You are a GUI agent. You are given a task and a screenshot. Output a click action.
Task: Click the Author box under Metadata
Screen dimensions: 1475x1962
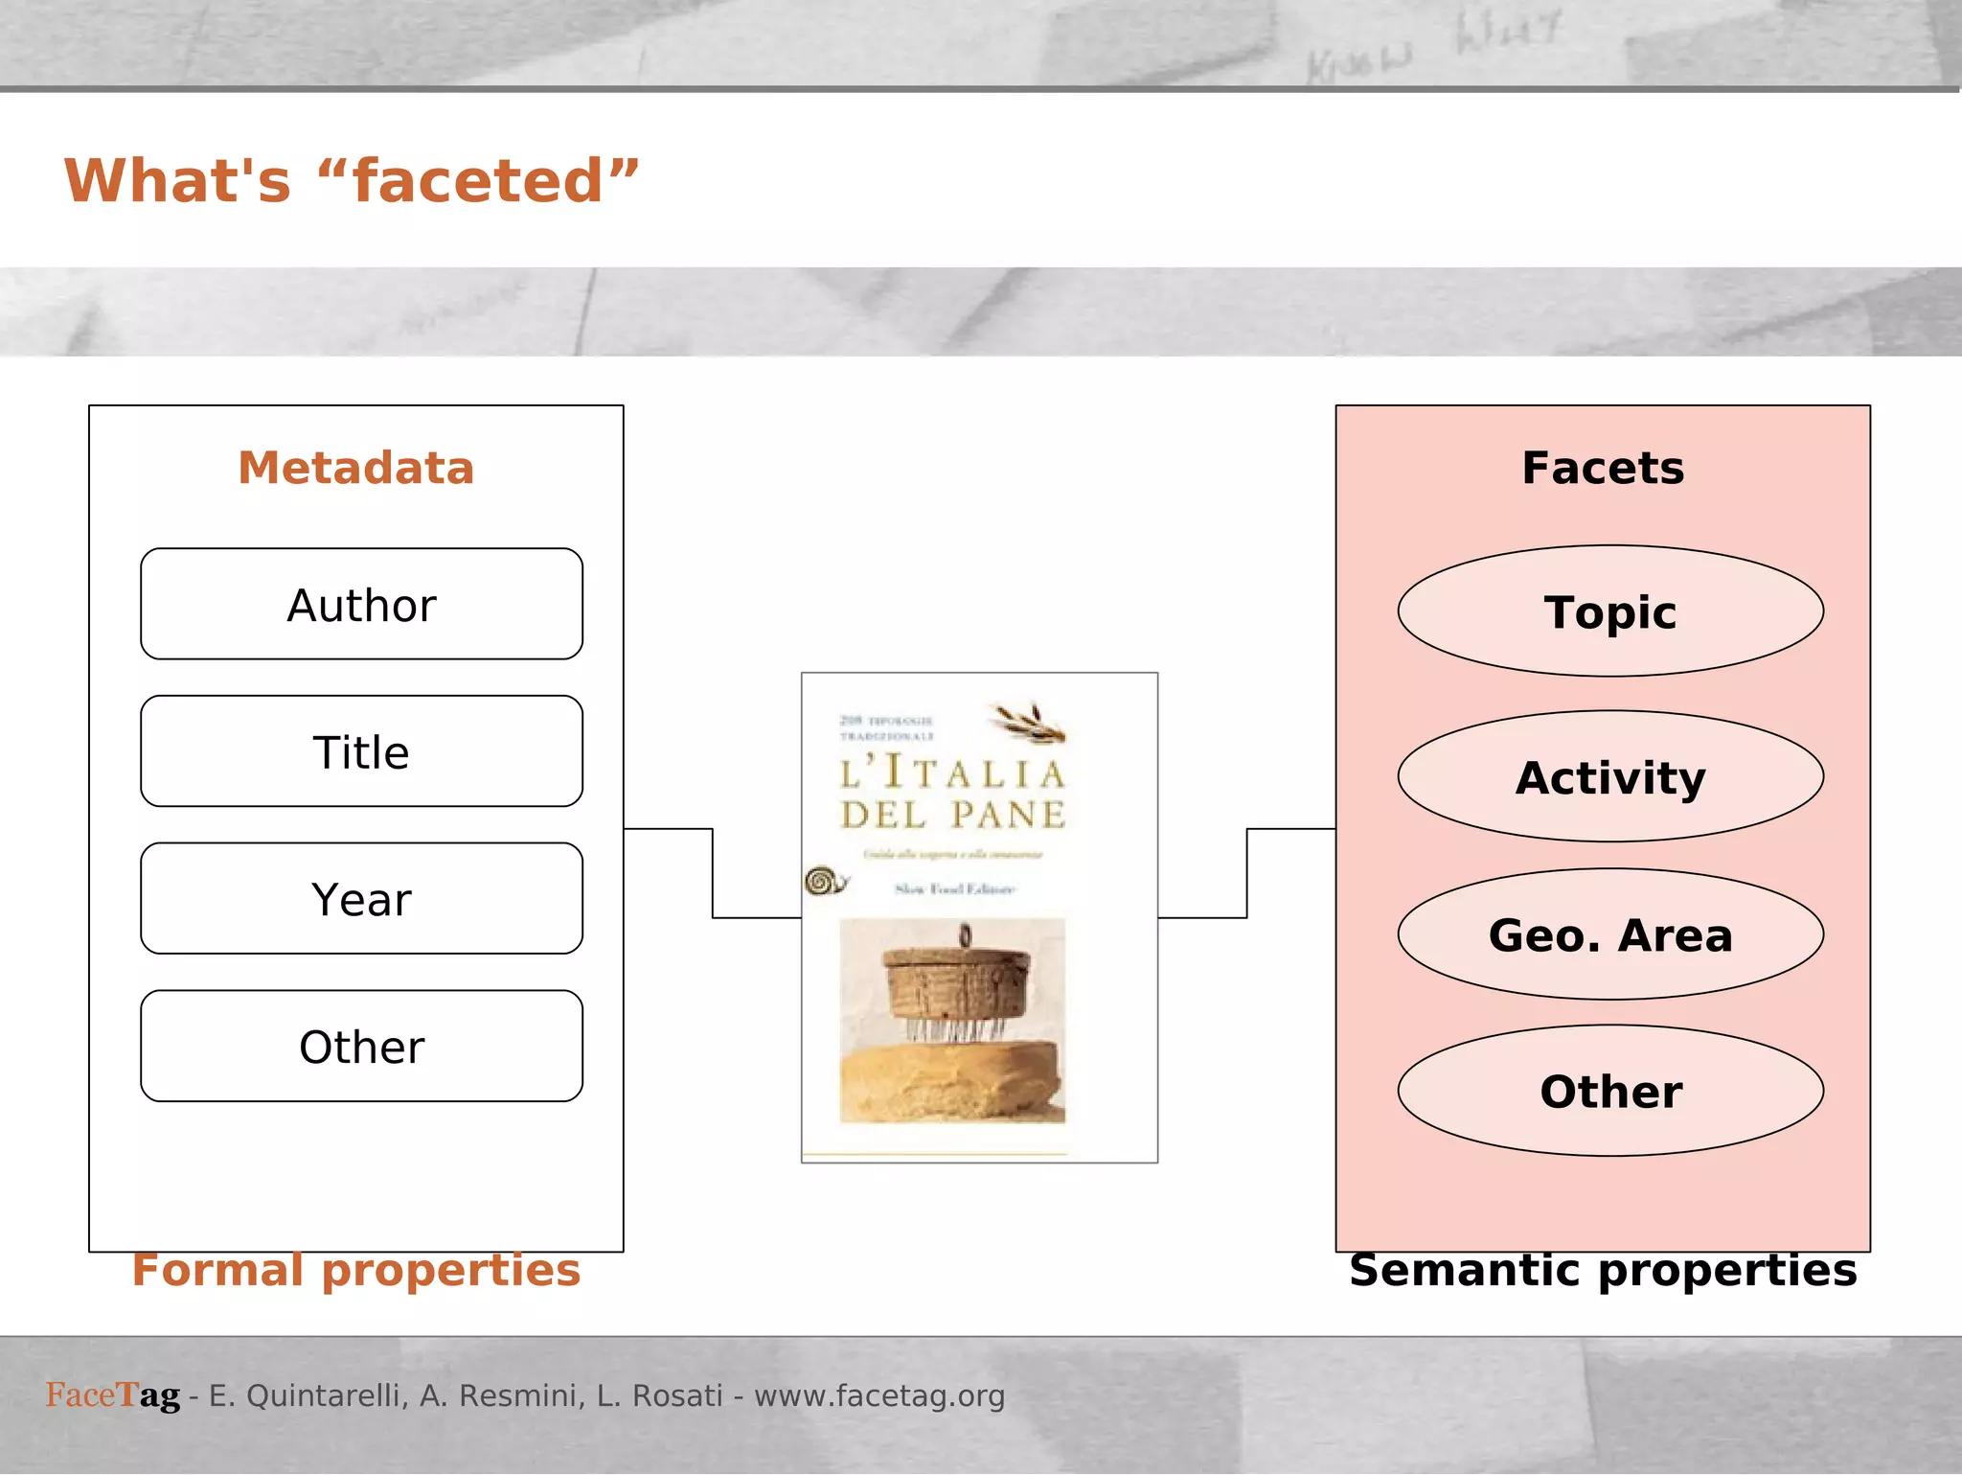point(361,605)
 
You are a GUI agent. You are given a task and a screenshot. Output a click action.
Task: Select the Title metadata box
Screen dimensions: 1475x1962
point(361,752)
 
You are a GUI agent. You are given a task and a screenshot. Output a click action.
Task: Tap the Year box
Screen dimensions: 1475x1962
point(361,899)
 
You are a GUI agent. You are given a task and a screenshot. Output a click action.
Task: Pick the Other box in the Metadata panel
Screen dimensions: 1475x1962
point(361,1047)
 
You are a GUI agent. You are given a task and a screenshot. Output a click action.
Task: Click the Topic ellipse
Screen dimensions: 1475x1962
point(1609,611)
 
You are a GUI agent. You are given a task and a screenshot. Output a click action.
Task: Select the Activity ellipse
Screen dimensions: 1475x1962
point(1609,776)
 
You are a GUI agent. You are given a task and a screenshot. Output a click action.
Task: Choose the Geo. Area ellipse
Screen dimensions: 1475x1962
point(1609,934)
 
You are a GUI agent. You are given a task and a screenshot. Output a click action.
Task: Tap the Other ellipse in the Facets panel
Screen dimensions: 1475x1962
point(1609,1091)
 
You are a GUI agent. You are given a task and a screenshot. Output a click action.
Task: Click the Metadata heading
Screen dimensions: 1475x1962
point(355,468)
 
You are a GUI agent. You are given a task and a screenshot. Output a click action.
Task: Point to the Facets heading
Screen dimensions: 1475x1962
point(1602,468)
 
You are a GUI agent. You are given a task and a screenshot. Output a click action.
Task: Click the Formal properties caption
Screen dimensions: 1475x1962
point(355,1270)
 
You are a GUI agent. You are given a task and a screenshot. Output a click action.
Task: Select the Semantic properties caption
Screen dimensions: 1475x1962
point(1602,1270)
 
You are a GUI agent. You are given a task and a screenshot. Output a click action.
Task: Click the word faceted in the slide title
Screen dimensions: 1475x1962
point(477,181)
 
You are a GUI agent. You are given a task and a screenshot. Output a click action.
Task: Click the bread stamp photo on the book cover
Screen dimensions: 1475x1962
point(952,1020)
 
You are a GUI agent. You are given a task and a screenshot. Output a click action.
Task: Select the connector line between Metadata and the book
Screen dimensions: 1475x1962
point(713,872)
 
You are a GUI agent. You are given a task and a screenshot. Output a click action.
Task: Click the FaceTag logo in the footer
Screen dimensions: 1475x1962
point(112,1395)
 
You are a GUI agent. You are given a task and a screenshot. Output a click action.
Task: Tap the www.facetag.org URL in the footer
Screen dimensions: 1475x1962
point(878,1395)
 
